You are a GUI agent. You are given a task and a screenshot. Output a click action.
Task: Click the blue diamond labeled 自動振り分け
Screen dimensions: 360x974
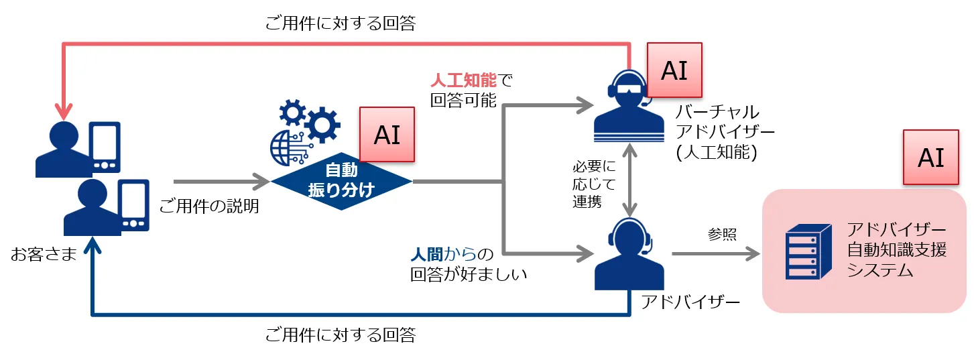click(x=341, y=180)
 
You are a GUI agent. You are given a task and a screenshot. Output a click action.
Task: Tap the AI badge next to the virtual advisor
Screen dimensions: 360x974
click(x=674, y=70)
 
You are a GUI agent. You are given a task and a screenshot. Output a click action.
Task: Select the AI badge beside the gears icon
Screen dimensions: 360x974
click(x=387, y=134)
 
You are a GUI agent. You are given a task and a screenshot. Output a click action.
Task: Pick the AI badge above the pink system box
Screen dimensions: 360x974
click(x=930, y=158)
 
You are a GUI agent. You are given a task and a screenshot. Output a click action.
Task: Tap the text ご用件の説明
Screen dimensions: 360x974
click(x=208, y=206)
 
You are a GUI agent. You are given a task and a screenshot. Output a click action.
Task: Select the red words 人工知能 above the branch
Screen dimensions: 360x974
click(x=463, y=80)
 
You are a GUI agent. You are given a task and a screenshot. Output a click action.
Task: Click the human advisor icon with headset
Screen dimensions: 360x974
click(x=629, y=254)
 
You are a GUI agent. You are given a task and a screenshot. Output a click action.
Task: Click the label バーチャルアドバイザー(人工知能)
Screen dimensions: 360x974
click(x=717, y=131)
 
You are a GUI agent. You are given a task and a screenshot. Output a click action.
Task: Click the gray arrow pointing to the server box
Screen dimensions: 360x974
click(x=716, y=253)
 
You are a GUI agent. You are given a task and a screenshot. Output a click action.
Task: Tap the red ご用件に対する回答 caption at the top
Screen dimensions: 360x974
click(x=340, y=24)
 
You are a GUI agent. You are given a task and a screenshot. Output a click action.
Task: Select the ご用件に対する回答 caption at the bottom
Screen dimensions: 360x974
click(x=340, y=334)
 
